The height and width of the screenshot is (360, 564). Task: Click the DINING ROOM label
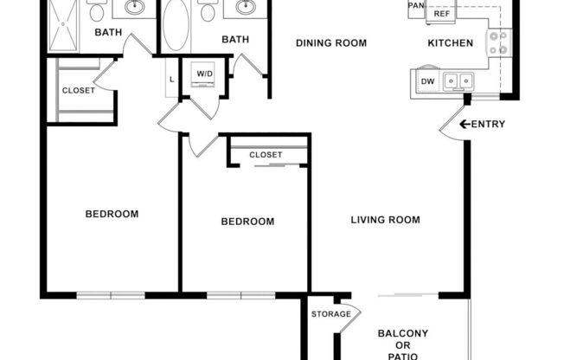pyautogui.click(x=331, y=43)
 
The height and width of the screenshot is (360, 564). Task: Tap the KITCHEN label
pyautogui.click(x=451, y=43)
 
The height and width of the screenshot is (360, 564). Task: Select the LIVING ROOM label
pyautogui.click(x=385, y=220)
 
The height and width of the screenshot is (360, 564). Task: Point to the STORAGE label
pyautogui.click(x=330, y=314)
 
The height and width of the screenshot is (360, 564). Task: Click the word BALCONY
pyautogui.click(x=403, y=334)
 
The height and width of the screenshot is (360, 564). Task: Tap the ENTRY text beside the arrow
pyautogui.click(x=489, y=125)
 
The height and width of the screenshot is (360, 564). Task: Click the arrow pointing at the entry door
pyautogui.click(x=465, y=125)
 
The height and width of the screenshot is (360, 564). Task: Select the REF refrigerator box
pyautogui.click(x=442, y=14)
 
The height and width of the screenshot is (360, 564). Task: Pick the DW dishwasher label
pyautogui.click(x=427, y=82)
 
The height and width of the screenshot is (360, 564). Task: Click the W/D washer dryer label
pyautogui.click(x=204, y=74)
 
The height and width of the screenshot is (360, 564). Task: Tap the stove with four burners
pyautogui.click(x=498, y=42)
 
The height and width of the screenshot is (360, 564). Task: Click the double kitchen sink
pyautogui.click(x=458, y=81)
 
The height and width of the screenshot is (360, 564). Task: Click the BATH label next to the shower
pyautogui.click(x=108, y=33)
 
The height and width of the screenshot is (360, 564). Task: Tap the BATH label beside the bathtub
pyautogui.click(x=235, y=40)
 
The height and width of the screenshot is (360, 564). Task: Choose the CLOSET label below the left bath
pyautogui.click(x=79, y=90)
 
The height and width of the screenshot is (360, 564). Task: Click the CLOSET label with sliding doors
pyautogui.click(x=266, y=155)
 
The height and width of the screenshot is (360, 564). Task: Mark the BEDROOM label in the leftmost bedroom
pyautogui.click(x=112, y=214)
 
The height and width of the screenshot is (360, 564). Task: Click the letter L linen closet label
pyautogui.click(x=172, y=80)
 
